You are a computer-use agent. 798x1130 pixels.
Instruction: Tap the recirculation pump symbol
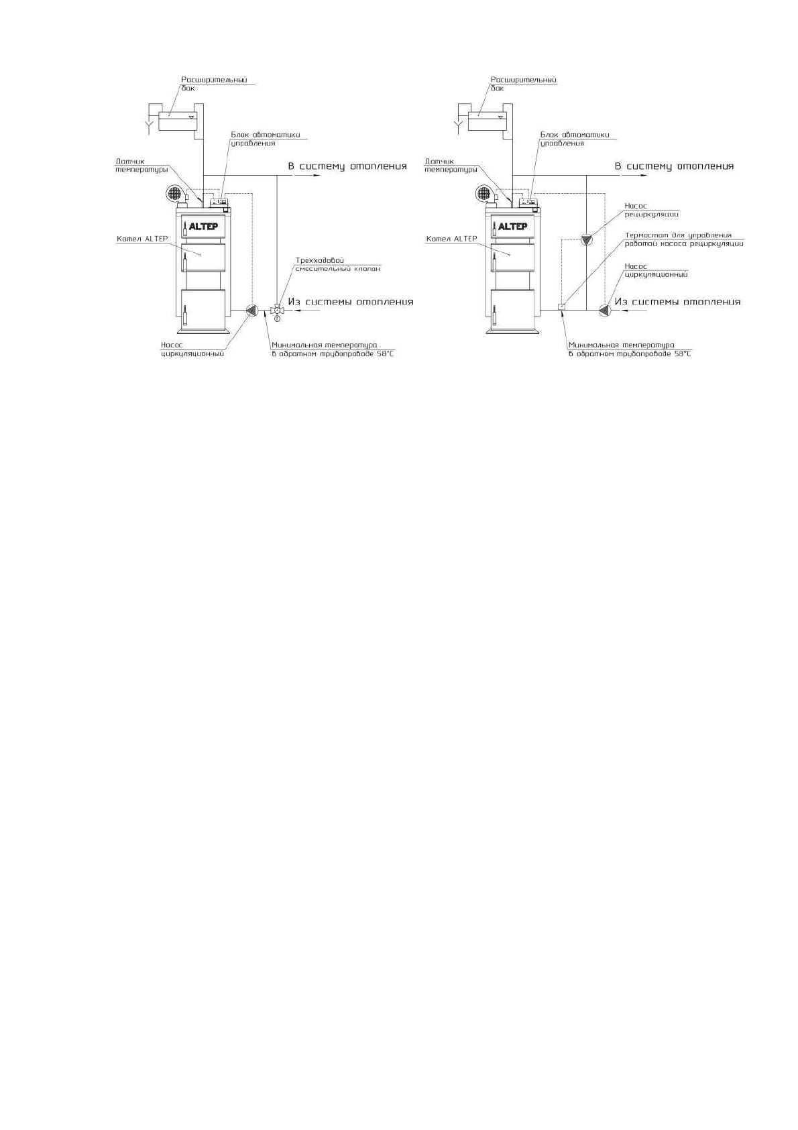[587, 239]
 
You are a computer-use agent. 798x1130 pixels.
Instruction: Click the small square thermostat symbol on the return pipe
[562, 307]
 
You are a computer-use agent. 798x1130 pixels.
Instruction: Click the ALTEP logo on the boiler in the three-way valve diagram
[203, 226]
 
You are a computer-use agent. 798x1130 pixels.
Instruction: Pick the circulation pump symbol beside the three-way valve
[252, 310]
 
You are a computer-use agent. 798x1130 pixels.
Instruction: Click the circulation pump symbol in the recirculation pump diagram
[604, 310]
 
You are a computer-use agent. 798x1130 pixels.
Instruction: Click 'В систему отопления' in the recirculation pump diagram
[674, 166]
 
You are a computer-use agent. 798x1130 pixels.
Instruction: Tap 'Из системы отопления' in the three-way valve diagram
[351, 302]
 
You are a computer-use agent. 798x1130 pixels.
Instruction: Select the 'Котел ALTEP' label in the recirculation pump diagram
[451, 239]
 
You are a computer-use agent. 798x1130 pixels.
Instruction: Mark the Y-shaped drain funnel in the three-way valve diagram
[149, 125]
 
